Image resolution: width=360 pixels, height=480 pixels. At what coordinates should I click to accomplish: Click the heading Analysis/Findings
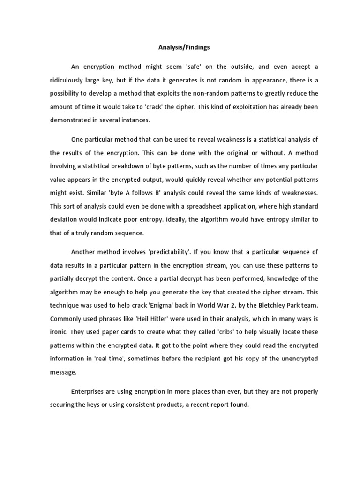coord(180,47)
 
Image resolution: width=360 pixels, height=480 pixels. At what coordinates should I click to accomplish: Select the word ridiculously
coord(69,80)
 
